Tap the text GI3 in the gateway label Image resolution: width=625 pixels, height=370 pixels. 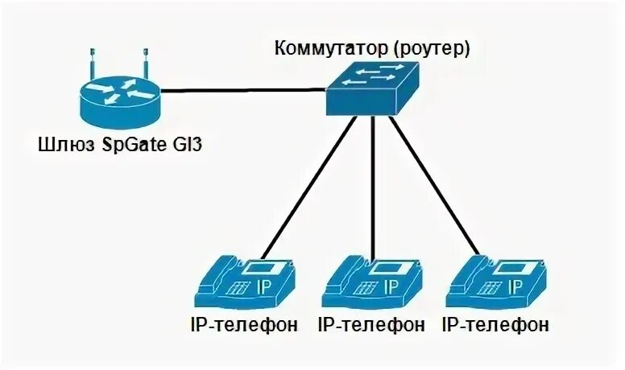(x=184, y=146)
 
